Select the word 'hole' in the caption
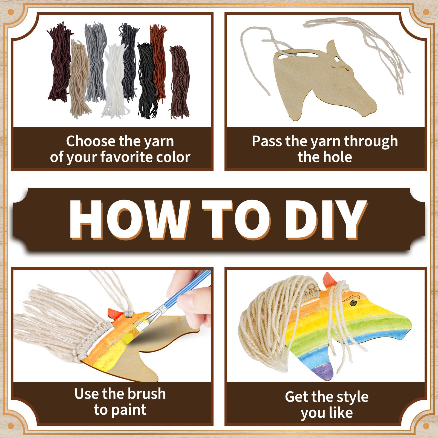338,157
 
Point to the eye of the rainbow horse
353,303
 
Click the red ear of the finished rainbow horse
329,280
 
